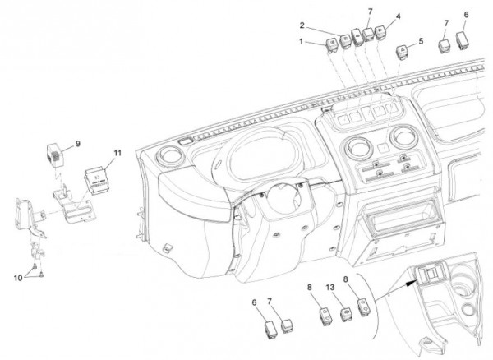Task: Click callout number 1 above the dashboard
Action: pyautogui.click(x=301, y=40)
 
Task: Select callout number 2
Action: pyautogui.click(x=302, y=25)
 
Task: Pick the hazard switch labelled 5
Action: pyautogui.click(x=404, y=52)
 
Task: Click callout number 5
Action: pyautogui.click(x=421, y=40)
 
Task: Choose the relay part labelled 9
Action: pyautogui.click(x=53, y=153)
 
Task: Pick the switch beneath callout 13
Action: pyautogui.click(x=346, y=313)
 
